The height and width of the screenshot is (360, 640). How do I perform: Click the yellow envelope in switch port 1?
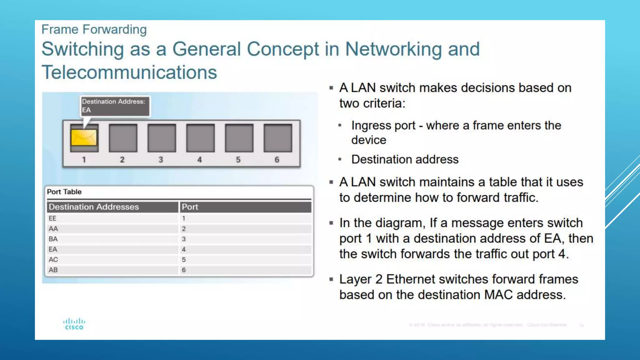(x=84, y=138)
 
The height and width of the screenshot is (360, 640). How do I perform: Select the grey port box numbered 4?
(x=200, y=138)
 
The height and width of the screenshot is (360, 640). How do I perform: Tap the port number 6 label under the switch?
(x=277, y=160)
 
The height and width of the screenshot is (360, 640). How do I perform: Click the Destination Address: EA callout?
(x=115, y=106)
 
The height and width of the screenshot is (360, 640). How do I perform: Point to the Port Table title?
(x=64, y=192)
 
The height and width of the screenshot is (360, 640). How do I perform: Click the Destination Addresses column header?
(x=94, y=207)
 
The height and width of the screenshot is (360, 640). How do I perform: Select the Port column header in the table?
(x=190, y=207)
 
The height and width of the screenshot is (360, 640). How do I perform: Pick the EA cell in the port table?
(x=53, y=249)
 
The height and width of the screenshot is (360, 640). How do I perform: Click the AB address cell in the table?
(x=53, y=270)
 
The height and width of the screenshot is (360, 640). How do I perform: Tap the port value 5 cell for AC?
(x=184, y=260)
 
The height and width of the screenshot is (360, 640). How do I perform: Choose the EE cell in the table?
(x=52, y=218)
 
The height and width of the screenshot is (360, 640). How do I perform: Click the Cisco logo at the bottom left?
(x=74, y=324)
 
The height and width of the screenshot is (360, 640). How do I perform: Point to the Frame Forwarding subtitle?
(x=94, y=29)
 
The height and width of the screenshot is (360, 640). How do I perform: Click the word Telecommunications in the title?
(x=129, y=72)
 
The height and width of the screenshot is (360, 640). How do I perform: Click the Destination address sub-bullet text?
(x=405, y=159)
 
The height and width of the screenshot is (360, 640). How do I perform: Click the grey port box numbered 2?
(x=123, y=138)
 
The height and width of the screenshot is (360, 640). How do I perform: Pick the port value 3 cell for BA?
(x=184, y=239)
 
